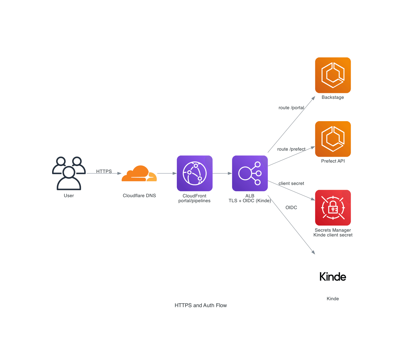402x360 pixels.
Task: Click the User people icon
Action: (x=69, y=173)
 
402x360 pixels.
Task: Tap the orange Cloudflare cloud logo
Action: (x=139, y=174)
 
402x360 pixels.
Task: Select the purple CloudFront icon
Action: (x=195, y=173)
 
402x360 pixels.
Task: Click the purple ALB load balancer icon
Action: (x=250, y=173)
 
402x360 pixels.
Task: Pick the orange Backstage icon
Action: (x=333, y=75)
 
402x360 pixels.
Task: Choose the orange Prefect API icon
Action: (x=333, y=139)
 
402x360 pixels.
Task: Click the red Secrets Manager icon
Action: (x=333, y=208)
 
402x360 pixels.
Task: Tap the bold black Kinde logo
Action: (x=333, y=277)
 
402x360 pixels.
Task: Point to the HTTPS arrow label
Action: (x=104, y=171)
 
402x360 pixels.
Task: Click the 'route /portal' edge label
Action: (x=291, y=108)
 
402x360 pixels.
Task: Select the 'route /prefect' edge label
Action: (x=291, y=149)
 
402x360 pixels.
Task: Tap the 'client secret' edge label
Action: (x=291, y=183)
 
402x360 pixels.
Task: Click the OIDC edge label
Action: (x=291, y=207)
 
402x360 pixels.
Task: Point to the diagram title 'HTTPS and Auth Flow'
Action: (x=201, y=305)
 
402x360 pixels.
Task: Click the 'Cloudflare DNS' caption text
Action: (x=139, y=196)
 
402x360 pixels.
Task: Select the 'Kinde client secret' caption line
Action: (x=333, y=235)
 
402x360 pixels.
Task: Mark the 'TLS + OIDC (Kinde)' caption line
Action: (x=250, y=201)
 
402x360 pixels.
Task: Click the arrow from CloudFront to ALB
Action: (x=222, y=173)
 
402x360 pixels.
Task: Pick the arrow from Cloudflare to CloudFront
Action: (x=167, y=173)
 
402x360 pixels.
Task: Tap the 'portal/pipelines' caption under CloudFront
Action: (x=194, y=201)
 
